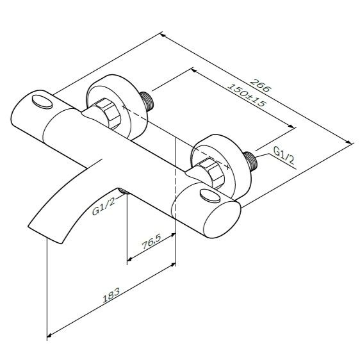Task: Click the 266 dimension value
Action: (x=261, y=85)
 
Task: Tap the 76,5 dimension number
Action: (x=152, y=241)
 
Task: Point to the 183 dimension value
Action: (x=111, y=295)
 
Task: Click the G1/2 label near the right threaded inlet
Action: (x=284, y=156)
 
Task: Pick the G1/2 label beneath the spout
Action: (x=103, y=207)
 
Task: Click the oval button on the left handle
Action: (x=42, y=102)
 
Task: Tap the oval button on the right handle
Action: (x=210, y=196)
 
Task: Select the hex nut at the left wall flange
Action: (x=108, y=113)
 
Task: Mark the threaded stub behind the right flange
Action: (x=250, y=160)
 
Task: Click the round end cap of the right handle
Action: (x=222, y=219)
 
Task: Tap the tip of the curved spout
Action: (x=45, y=234)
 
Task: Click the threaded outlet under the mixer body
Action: (x=124, y=190)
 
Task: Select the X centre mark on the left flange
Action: (x=124, y=107)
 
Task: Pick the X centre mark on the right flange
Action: (x=227, y=167)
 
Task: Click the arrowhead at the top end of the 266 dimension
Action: (x=163, y=35)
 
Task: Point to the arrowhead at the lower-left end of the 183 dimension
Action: (x=49, y=336)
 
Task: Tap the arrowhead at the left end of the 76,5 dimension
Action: (x=130, y=259)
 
